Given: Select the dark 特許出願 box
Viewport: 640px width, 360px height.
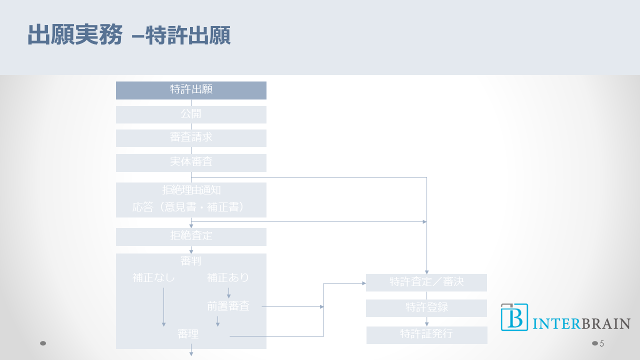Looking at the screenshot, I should tap(191, 90).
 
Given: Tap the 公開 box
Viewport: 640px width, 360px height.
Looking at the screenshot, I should tap(191, 114).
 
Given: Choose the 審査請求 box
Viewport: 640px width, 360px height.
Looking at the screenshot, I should tap(191, 138).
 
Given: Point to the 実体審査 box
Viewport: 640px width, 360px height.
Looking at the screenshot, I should tap(191, 162).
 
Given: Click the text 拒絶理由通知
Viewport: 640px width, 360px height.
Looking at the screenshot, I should tap(191, 190).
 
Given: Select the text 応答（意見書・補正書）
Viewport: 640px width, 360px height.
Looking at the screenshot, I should tap(191, 207).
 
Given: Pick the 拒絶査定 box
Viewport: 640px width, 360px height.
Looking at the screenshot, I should tap(191, 236).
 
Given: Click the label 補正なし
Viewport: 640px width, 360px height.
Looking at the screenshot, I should tap(154, 277).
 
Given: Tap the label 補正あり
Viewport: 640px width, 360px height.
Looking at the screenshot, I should tap(228, 277).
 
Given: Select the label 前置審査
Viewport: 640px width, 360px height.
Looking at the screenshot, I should tap(228, 306).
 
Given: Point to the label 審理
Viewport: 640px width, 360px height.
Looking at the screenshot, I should tap(188, 334).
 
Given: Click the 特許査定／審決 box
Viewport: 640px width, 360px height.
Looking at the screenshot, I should tap(426, 282).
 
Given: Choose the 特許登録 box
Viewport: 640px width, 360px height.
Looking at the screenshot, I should tap(426, 308).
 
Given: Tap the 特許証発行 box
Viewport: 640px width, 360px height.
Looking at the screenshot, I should tap(426, 334).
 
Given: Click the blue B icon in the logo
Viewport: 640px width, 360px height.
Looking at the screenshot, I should tap(514, 317).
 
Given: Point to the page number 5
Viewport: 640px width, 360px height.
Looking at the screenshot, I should tap(602, 343).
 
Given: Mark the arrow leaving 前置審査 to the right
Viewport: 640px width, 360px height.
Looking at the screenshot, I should tap(292, 306).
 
